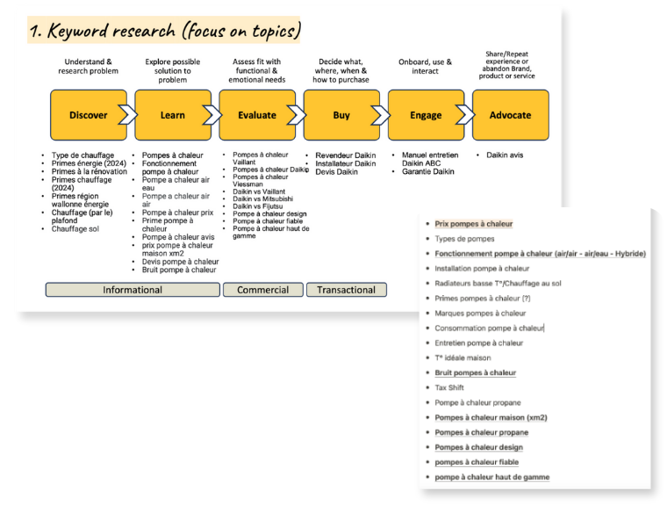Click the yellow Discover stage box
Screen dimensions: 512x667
[x=88, y=115]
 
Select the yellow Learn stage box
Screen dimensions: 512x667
[x=173, y=115]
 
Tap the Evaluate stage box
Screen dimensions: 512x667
[x=256, y=115]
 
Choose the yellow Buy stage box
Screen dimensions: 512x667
[x=341, y=115]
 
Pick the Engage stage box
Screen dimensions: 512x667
[x=426, y=115]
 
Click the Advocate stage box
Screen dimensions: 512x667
[x=510, y=115]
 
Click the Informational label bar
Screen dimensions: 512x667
[x=133, y=290]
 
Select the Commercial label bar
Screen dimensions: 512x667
[x=262, y=290]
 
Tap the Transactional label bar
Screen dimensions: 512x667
[x=346, y=290]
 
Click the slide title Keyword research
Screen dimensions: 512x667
[x=164, y=32]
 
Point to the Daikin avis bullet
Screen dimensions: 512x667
[x=505, y=155]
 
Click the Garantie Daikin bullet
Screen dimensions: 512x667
[x=428, y=172]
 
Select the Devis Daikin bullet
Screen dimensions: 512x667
[x=336, y=172]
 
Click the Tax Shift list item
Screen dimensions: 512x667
[x=449, y=387]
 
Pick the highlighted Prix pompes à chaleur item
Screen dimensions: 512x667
[x=474, y=224]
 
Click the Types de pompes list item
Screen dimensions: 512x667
[x=464, y=239]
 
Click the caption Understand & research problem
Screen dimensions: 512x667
[x=88, y=67]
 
